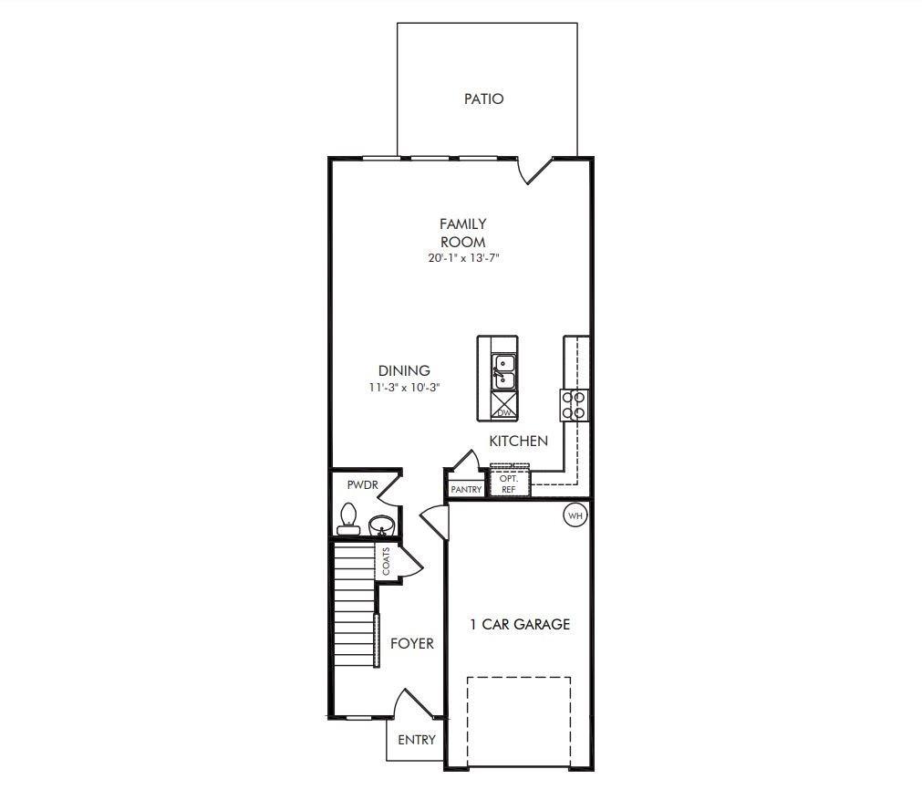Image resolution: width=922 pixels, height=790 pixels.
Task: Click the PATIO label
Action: [484, 99]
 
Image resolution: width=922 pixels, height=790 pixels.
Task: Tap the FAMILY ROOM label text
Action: [463, 233]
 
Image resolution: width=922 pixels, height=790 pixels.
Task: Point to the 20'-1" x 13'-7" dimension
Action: [463, 257]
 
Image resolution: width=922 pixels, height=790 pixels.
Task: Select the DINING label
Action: [404, 370]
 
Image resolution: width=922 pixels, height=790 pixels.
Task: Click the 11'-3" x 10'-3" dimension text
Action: [405, 388]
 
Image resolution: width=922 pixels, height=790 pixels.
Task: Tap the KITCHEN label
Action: [519, 442]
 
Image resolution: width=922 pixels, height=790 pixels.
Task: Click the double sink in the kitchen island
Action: [504, 372]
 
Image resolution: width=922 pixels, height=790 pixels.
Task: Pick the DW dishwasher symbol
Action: [504, 406]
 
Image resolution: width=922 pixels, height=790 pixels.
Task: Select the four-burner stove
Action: [574, 405]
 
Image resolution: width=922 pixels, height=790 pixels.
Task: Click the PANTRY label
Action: [466, 489]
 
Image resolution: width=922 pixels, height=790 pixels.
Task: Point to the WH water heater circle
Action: [575, 516]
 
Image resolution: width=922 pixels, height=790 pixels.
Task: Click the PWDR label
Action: [363, 485]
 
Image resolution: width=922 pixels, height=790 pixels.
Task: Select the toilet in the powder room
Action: [348, 519]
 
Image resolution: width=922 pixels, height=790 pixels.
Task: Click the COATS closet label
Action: [386, 561]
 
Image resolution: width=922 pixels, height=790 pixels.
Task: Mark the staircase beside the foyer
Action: [355, 604]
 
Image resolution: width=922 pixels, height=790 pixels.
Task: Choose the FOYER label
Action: [412, 643]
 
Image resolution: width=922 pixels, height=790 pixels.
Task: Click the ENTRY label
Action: [417, 740]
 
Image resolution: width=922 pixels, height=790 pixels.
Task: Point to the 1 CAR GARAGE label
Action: [521, 624]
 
